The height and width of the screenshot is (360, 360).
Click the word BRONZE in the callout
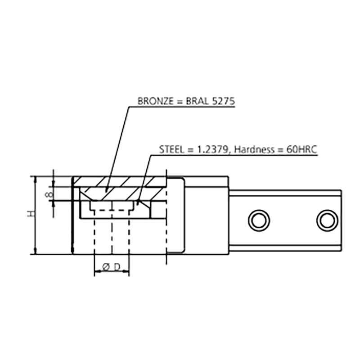coord(155,101)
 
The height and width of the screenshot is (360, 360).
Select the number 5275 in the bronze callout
coord(223,101)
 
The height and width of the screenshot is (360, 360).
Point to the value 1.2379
coord(212,150)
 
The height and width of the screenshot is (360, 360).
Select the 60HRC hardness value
coord(301,149)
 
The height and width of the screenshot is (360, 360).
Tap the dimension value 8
coord(49,195)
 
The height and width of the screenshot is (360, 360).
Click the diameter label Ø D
coord(112,267)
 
